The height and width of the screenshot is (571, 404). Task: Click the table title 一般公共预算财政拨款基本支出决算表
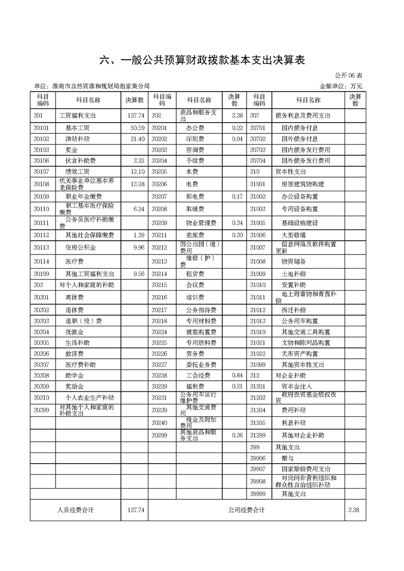[202, 60]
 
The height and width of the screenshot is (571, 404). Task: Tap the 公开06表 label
[348, 75]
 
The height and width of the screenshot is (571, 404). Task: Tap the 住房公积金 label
[80, 248]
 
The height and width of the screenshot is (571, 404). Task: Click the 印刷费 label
[195, 139]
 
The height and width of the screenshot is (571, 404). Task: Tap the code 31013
[258, 321]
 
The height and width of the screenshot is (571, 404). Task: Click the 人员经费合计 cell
[74, 509]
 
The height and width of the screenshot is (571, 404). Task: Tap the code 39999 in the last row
[258, 494]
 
